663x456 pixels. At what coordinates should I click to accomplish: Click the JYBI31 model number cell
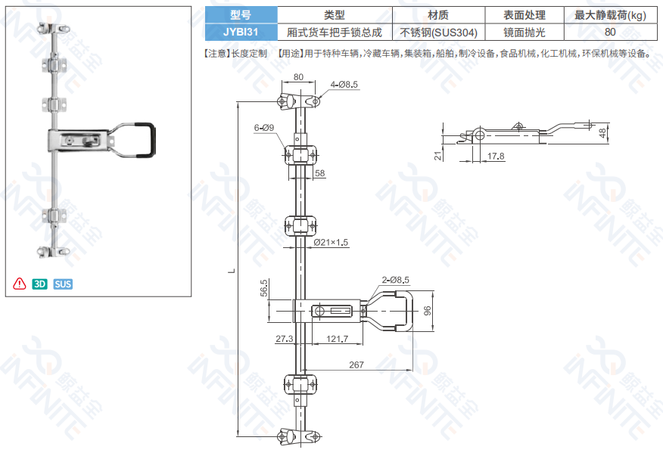[241, 33]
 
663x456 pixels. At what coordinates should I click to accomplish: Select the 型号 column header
[241, 15]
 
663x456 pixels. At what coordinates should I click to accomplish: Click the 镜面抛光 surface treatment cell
[524, 33]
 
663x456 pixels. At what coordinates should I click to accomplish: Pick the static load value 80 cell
[610, 33]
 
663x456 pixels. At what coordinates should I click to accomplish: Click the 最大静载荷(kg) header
[610, 15]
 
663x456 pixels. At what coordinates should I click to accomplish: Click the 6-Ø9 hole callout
[264, 128]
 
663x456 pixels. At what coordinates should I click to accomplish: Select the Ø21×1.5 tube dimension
[331, 243]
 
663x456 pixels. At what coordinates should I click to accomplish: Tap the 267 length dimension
[356, 364]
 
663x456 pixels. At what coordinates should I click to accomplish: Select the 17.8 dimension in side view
[496, 156]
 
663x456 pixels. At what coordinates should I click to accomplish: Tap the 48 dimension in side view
[602, 133]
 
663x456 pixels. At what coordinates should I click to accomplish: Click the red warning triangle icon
[20, 284]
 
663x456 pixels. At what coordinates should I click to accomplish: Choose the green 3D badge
[40, 284]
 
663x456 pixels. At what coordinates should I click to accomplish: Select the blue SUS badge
[63, 284]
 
